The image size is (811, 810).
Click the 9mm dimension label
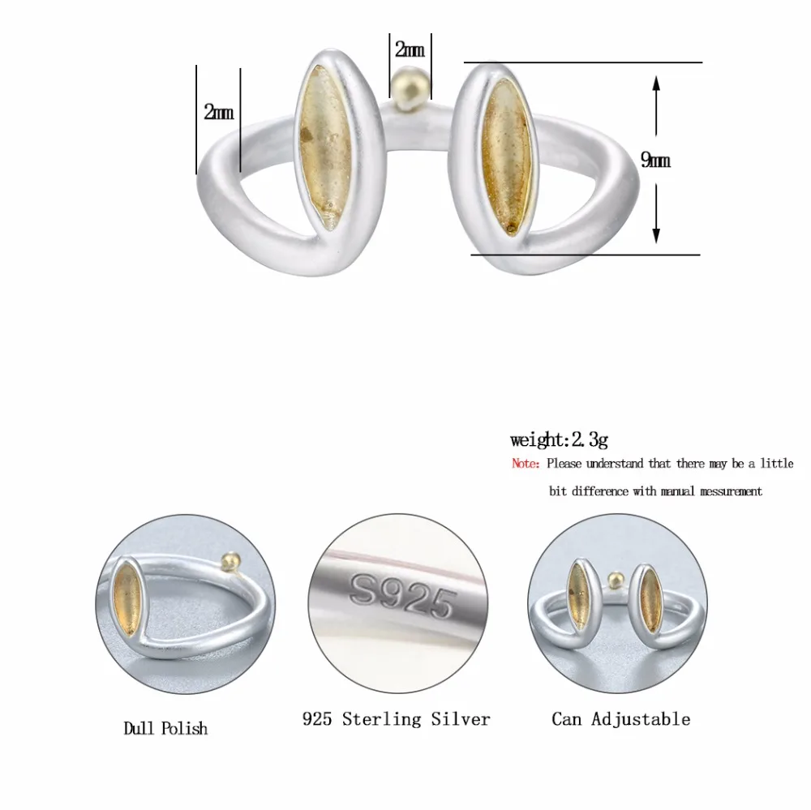655,161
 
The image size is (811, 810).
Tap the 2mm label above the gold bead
410,49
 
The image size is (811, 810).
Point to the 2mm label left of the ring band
218,112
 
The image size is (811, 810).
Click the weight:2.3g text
559,439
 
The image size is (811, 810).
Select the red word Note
526,464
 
